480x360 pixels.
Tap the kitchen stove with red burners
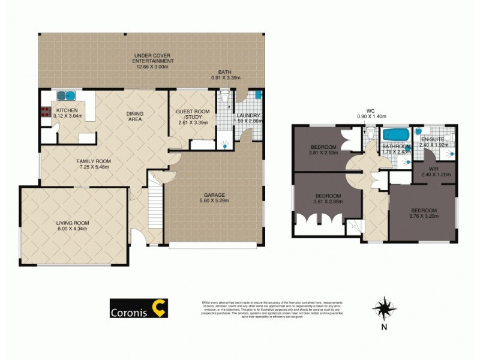(x=44, y=111)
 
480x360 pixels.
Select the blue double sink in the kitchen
(x=65, y=95)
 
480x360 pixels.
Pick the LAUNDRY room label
(x=247, y=116)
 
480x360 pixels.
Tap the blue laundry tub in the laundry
(x=258, y=95)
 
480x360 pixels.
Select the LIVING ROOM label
(x=73, y=223)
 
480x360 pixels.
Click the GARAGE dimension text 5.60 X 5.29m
(x=214, y=201)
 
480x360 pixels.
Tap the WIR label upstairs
(x=434, y=169)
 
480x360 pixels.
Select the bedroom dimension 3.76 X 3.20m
(x=424, y=217)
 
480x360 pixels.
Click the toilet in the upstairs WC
(x=370, y=140)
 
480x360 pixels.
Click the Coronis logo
(x=139, y=308)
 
